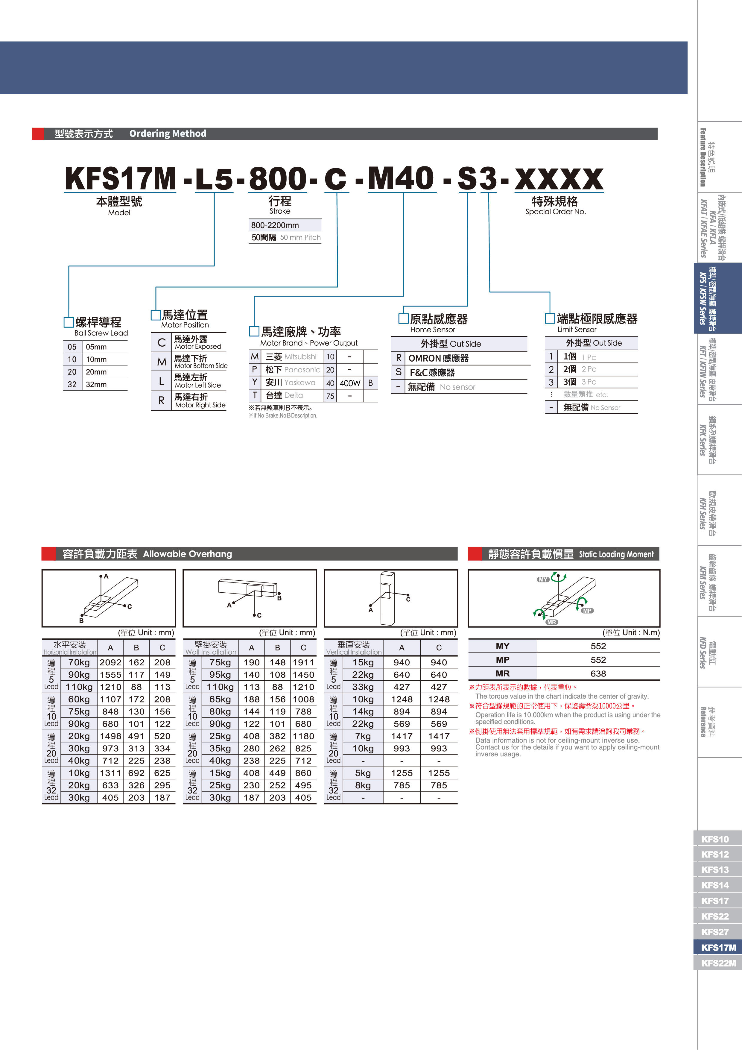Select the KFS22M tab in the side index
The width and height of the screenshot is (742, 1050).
click(718, 963)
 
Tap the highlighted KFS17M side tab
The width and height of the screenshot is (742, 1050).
click(718, 948)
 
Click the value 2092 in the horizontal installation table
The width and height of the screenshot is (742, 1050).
click(110, 662)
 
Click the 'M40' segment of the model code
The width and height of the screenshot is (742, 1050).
click(401, 178)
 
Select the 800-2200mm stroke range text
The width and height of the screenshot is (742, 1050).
click(275, 225)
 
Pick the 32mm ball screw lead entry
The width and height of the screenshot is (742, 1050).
click(96, 384)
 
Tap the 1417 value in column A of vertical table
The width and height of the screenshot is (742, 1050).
click(402, 736)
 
